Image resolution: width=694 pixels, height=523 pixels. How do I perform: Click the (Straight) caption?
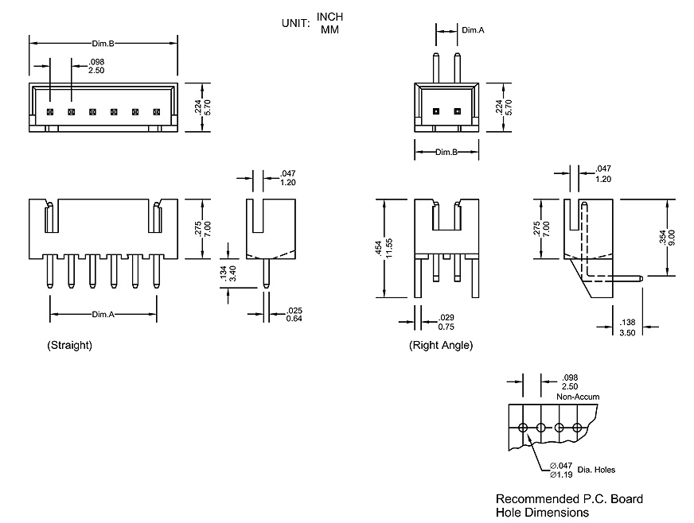pos(70,345)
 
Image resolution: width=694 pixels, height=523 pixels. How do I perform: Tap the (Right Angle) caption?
pos(441,345)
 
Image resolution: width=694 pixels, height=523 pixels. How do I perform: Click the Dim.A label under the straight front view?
pos(103,315)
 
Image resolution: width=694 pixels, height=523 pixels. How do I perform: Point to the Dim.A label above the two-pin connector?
pos(473,30)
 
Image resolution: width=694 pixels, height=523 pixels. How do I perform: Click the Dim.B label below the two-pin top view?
pos(446,151)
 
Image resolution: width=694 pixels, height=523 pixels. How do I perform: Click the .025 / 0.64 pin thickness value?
pos(294,314)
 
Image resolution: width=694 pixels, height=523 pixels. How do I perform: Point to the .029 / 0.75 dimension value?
pos(446,322)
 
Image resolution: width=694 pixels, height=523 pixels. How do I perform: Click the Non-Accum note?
pos(578,396)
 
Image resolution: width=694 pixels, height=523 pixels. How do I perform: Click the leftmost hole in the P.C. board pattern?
pos(523,428)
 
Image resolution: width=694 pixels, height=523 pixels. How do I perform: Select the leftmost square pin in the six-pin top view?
pos(49,112)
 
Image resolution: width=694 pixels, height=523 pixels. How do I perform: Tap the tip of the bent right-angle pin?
pos(641,277)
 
